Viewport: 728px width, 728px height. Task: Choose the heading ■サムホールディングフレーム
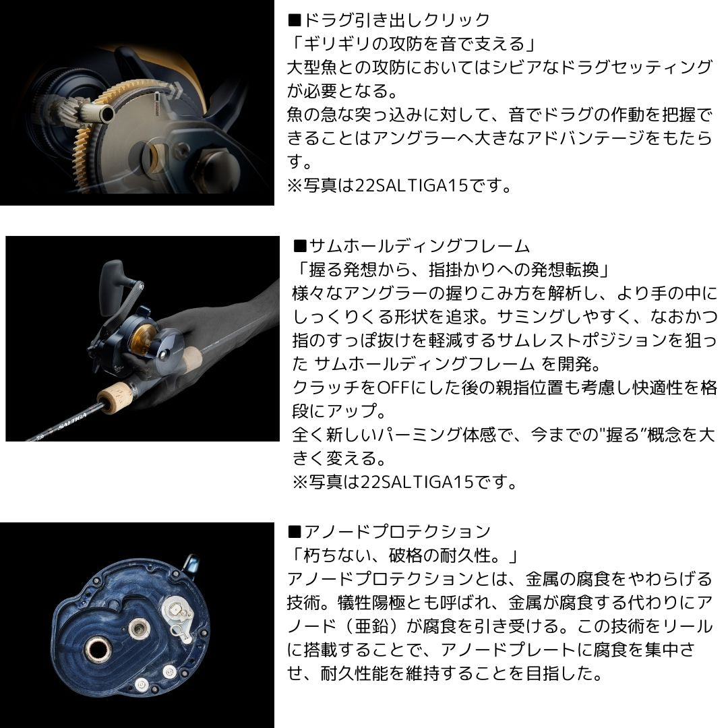[x=412, y=246]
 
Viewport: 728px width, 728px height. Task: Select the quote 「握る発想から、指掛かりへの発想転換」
[x=452, y=270]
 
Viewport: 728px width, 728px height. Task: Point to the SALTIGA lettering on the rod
[x=75, y=425]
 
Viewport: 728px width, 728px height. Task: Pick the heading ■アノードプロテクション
[x=389, y=532]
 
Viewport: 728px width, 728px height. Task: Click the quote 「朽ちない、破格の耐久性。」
[x=402, y=556]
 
